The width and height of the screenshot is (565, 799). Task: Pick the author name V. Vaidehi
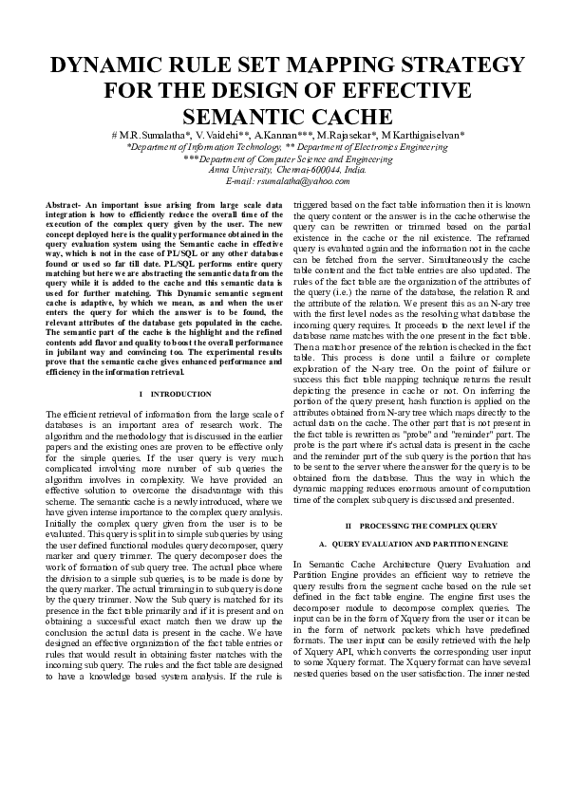223,136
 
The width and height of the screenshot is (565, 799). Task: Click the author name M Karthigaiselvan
426,136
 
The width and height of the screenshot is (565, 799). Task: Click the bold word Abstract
64,205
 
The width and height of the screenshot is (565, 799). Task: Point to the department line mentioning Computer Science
282,159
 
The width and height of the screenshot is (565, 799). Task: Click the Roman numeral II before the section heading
348,525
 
